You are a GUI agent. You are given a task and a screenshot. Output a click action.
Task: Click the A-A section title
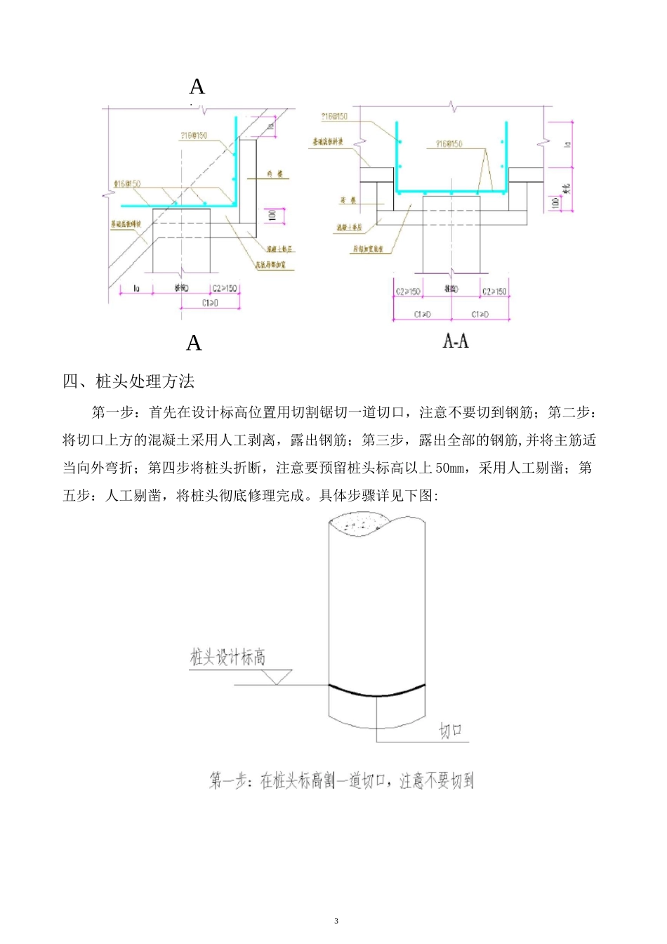point(456,341)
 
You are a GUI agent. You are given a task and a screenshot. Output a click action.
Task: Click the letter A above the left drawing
point(197,86)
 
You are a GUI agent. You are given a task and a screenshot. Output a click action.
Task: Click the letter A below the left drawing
point(194,343)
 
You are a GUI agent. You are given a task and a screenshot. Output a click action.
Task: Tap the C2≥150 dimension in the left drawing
point(224,288)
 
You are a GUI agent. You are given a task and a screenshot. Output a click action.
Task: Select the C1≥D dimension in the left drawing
point(210,303)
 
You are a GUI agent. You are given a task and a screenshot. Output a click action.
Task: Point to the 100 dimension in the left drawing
point(273,214)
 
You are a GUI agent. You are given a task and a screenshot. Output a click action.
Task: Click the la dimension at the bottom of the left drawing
point(136,288)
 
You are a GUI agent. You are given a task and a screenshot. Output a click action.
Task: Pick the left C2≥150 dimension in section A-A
point(408,291)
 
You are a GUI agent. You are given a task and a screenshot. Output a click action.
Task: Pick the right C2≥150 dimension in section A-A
point(494,291)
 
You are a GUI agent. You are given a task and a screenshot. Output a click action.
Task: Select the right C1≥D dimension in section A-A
point(480,314)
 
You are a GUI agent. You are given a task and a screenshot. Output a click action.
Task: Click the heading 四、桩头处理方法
point(128,381)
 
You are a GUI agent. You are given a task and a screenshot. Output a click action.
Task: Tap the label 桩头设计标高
point(227,657)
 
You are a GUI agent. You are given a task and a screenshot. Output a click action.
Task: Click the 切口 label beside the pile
point(451,730)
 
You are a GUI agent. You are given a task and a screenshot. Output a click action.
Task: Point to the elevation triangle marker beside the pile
point(278,676)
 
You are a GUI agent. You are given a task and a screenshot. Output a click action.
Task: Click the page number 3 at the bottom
point(336,921)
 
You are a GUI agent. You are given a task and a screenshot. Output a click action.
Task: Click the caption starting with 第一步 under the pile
point(341,780)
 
